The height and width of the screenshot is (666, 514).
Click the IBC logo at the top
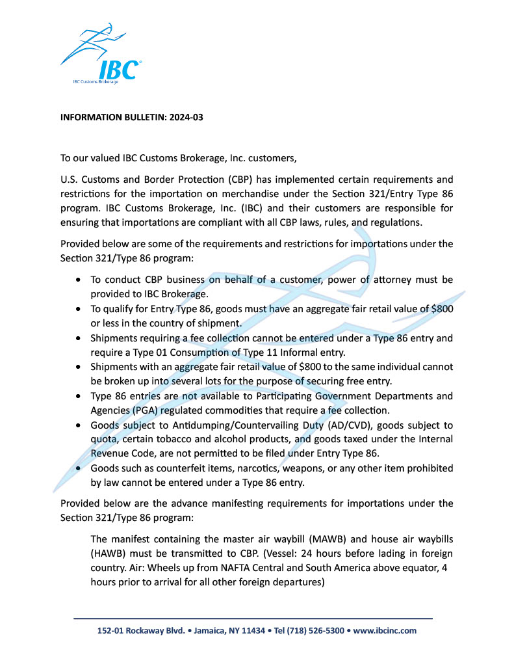101,55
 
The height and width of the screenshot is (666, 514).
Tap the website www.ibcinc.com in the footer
385,630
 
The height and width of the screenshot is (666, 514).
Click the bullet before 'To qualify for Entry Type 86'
79,310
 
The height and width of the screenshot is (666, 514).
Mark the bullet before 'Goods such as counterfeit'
79,468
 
